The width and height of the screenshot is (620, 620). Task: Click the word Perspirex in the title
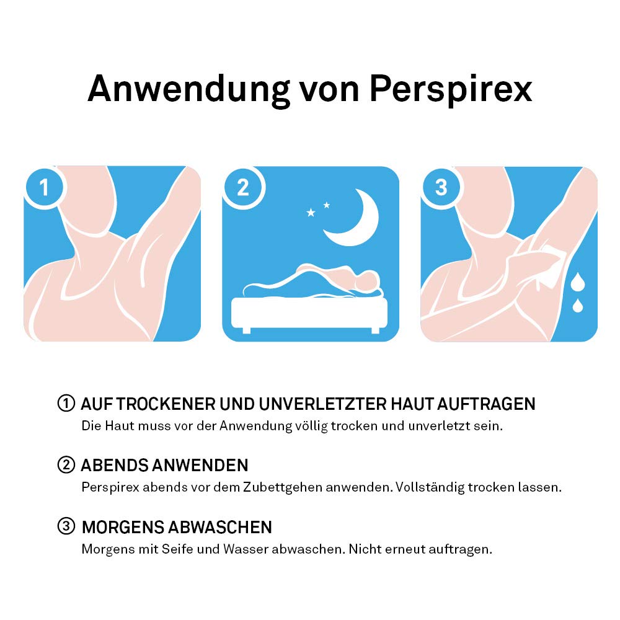pyautogui.click(x=451, y=89)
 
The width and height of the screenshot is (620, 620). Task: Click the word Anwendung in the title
pyautogui.click(x=188, y=89)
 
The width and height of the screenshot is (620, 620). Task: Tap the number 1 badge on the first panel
pyautogui.click(x=44, y=187)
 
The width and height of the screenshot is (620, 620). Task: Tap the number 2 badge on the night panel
pyautogui.click(x=242, y=187)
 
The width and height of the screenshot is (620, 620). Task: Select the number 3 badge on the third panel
pyautogui.click(x=441, y=187)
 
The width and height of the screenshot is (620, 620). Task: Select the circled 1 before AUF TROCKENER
pyautogui.click(x=66, y=404)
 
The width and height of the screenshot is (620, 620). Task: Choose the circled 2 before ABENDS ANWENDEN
pyautogui.click(x=66, y=465)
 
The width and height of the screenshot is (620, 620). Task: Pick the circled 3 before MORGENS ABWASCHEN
pyautogui.click(x=66, y=527)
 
